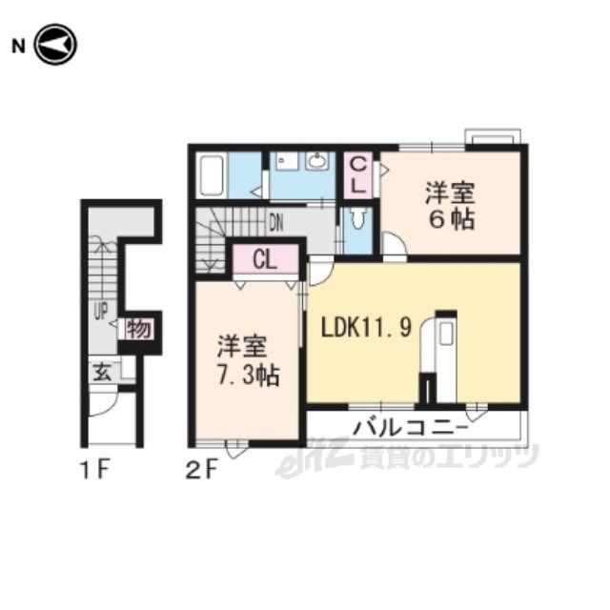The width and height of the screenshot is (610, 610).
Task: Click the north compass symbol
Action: [55, 45]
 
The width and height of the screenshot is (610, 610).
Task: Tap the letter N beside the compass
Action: [18, 47]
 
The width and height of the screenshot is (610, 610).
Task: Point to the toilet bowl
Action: [358, 218]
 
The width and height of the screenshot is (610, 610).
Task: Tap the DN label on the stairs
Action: [276, 224]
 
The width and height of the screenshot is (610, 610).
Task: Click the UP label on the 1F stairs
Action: [101, 312]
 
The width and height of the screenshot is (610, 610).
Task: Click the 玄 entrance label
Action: [103, 373]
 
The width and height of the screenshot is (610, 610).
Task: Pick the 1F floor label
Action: [95, 469]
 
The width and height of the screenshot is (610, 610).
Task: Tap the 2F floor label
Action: [200, 469]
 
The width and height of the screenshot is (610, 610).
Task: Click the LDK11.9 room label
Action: [366, 327]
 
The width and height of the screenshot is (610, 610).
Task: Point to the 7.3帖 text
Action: [248, 376]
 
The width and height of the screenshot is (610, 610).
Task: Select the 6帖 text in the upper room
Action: [452, 220]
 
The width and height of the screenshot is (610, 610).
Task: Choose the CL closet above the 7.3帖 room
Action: [266, 259]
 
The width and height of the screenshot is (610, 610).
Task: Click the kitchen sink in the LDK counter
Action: [447, 333]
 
